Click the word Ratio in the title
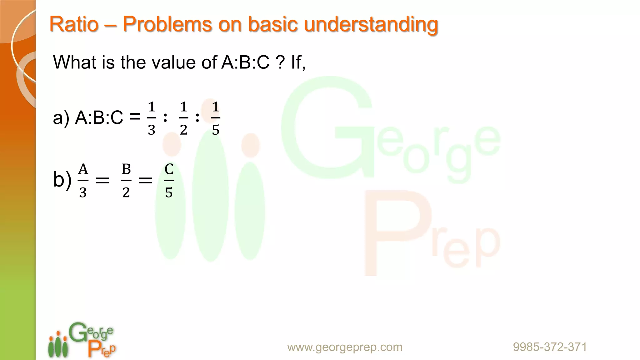[74, 24]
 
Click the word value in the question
[174, 62]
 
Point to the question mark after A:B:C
[280, 62]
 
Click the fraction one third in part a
[152, 118]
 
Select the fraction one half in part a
[183, 118]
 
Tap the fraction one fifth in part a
[216, 118]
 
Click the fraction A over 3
[83, 181]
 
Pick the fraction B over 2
[126, 181]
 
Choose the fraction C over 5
[169, 181]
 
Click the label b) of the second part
[62, 180]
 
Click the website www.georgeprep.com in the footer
[345, 347]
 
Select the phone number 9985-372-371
[550, 347]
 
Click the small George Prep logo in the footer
[82, 340]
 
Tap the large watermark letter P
[397, 233]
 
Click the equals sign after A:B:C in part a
[135, 118]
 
